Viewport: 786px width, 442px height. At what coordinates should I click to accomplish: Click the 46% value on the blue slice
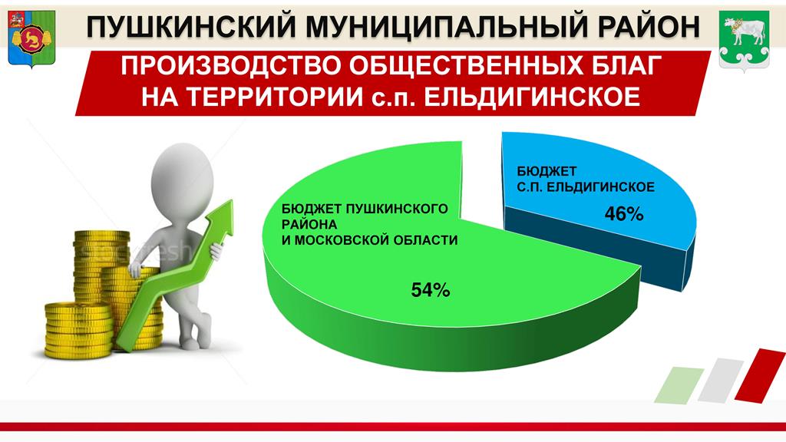pos(623,214)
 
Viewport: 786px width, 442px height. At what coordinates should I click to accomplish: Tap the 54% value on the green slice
pos(430,289)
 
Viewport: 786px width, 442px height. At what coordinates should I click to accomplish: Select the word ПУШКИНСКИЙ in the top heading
pos(191,27)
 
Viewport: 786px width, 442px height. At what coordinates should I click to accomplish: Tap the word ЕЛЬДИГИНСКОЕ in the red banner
pos(532,97)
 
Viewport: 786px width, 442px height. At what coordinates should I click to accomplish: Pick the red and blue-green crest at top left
pos(31,38)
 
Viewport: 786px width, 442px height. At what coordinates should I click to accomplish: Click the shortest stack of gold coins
pos(78,330)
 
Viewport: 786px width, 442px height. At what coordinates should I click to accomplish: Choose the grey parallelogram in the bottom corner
pos(721,380)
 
